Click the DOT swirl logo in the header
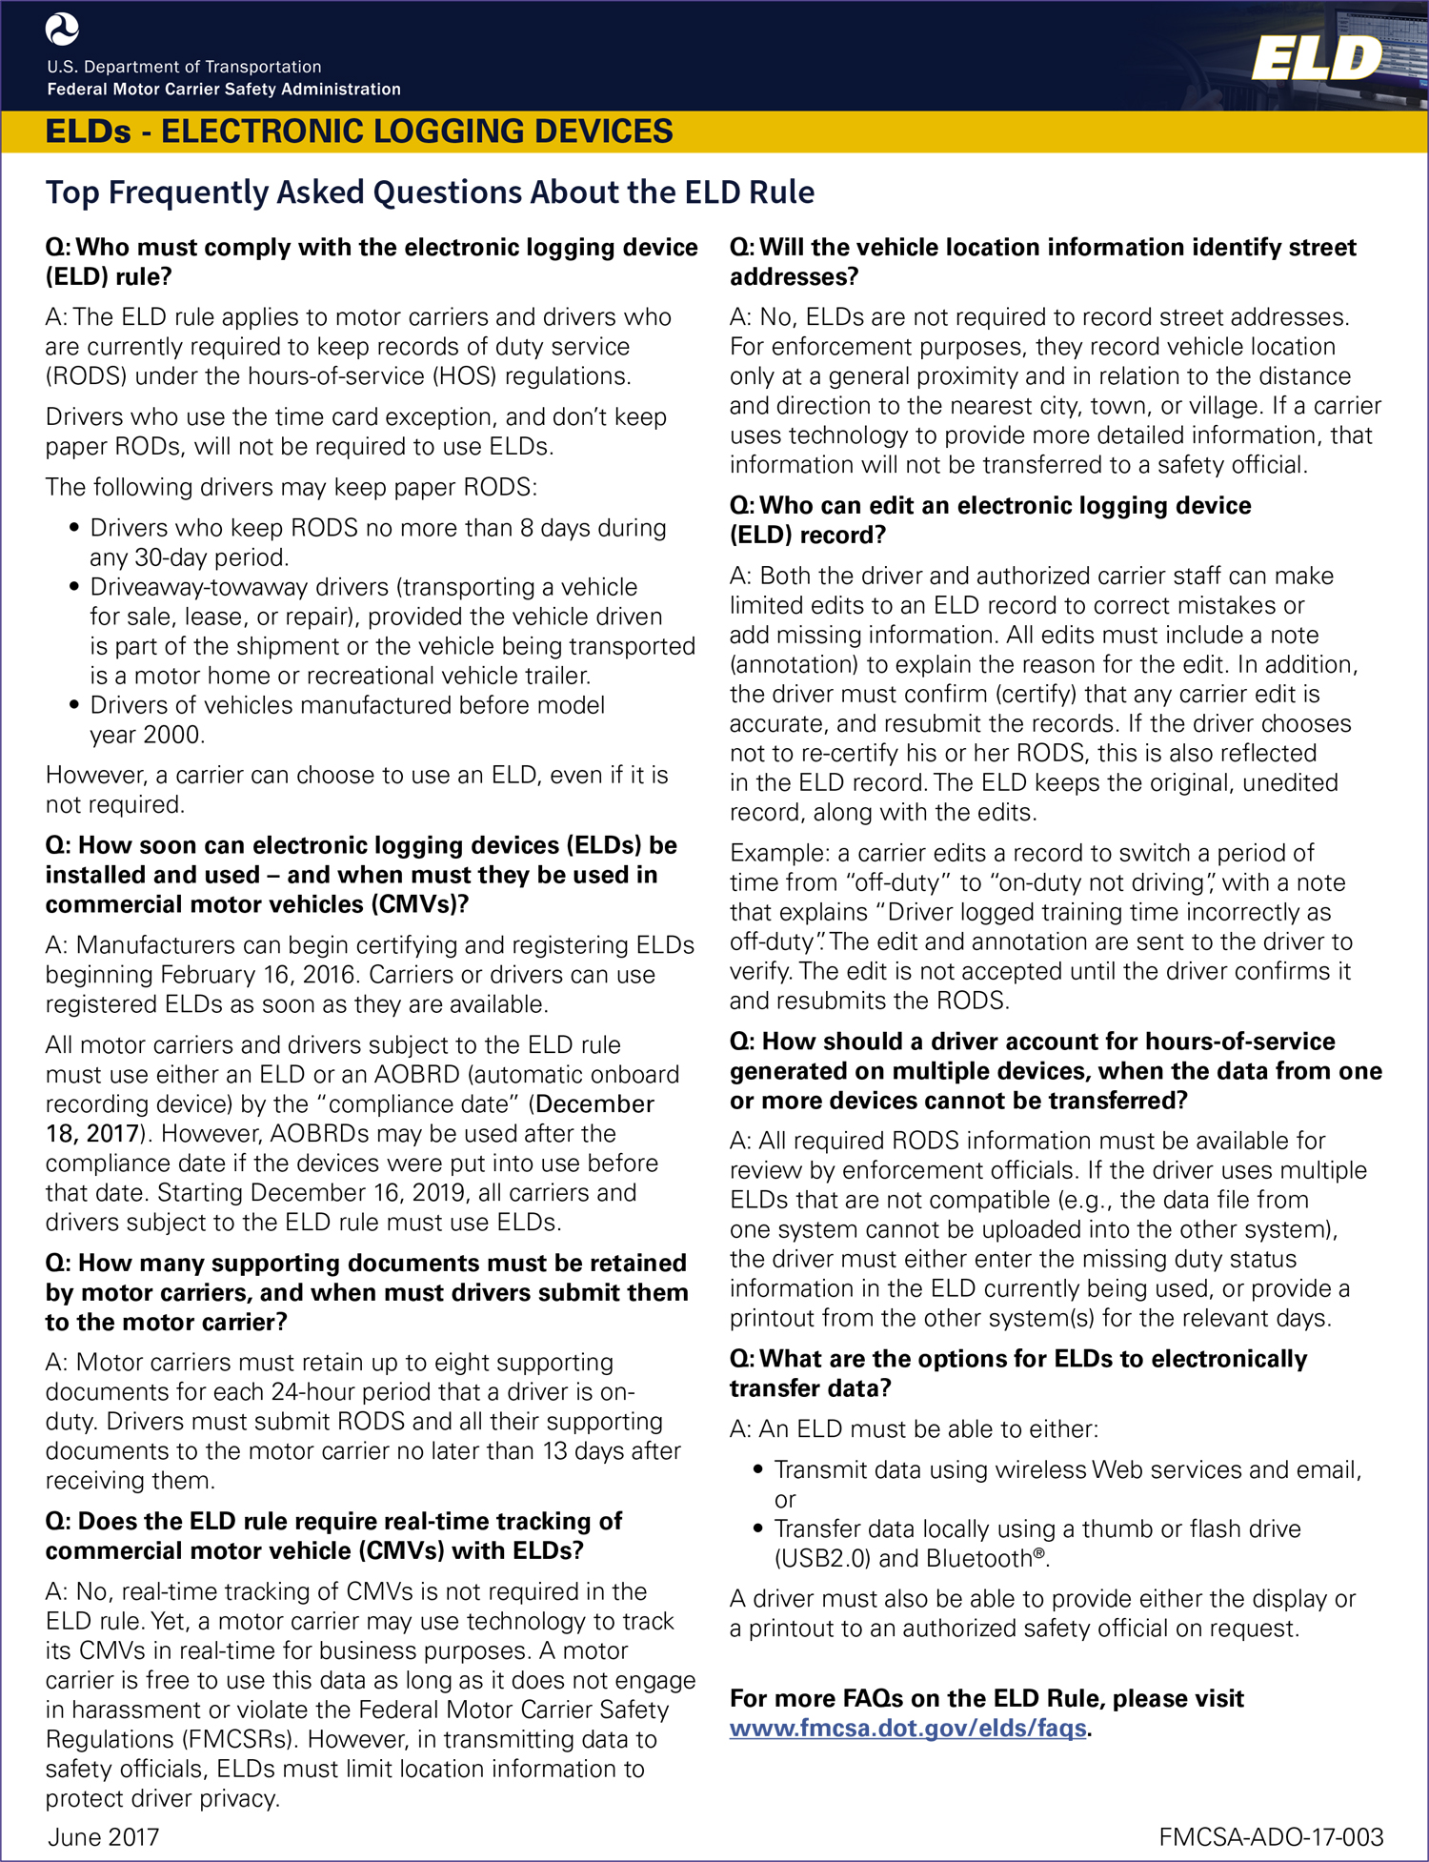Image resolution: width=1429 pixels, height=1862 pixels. [63, 30]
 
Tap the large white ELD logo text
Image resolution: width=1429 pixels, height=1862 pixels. [1316, 59]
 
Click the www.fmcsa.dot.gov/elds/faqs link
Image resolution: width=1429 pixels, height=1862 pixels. [908, 1728]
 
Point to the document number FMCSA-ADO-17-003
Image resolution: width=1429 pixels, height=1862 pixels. [1271, 1836]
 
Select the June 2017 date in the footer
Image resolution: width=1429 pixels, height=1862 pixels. [104, 1836]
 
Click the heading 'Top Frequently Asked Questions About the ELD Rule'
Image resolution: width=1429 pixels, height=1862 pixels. [430, 192]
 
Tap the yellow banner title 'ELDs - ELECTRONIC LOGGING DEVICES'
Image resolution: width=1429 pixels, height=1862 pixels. [359, 132]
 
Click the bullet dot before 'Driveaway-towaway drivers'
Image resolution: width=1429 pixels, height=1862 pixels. [74, 587]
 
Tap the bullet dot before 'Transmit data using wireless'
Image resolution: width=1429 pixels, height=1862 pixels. [758, 1469]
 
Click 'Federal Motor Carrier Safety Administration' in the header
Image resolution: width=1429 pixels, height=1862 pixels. [224, 90]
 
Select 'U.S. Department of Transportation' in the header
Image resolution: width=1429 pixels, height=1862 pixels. [184, 67]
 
